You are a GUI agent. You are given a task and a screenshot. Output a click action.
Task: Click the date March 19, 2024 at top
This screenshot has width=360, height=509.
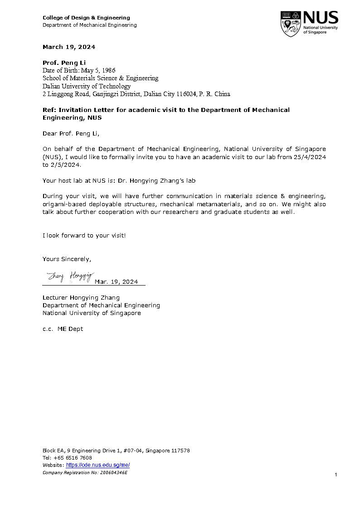69,47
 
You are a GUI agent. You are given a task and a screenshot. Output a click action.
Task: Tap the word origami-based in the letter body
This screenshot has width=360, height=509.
62,204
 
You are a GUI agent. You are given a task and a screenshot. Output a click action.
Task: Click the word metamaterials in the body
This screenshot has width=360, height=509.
214,204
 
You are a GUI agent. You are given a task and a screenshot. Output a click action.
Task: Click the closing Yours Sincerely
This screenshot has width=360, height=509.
67,259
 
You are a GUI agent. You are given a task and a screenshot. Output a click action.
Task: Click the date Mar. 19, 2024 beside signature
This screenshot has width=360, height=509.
117,282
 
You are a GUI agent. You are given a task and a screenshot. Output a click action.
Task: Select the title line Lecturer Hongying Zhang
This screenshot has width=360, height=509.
81,297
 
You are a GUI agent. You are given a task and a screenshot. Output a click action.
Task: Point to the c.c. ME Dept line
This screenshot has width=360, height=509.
63,329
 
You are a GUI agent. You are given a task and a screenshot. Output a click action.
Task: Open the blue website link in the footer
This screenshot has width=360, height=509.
98,465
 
